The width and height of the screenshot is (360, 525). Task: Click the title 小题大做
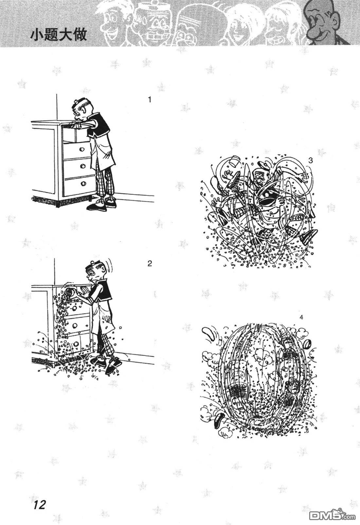(x=59, y=35)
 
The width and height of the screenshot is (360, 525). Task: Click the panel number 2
(x=150, y=263)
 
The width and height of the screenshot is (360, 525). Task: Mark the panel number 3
(x=310, y=160)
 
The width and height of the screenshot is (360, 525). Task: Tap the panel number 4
(x=301, y=317)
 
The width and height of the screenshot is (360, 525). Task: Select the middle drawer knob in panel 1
(x=83, y=166)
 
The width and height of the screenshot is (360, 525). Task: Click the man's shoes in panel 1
(x=101, y=204)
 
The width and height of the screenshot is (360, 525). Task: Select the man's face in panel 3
(x=259, y=178)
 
